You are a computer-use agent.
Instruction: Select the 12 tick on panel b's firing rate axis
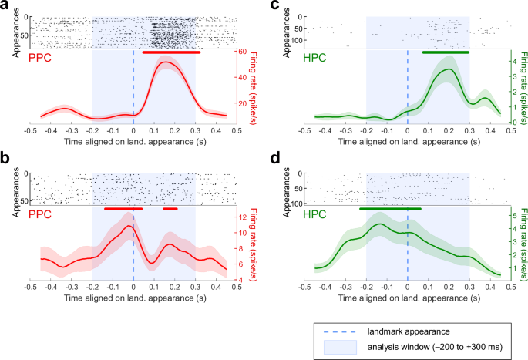240,217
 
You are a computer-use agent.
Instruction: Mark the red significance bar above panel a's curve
171,52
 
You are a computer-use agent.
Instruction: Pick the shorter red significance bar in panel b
170,208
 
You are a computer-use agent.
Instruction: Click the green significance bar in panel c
446,52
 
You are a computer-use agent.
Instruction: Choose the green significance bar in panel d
390,208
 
